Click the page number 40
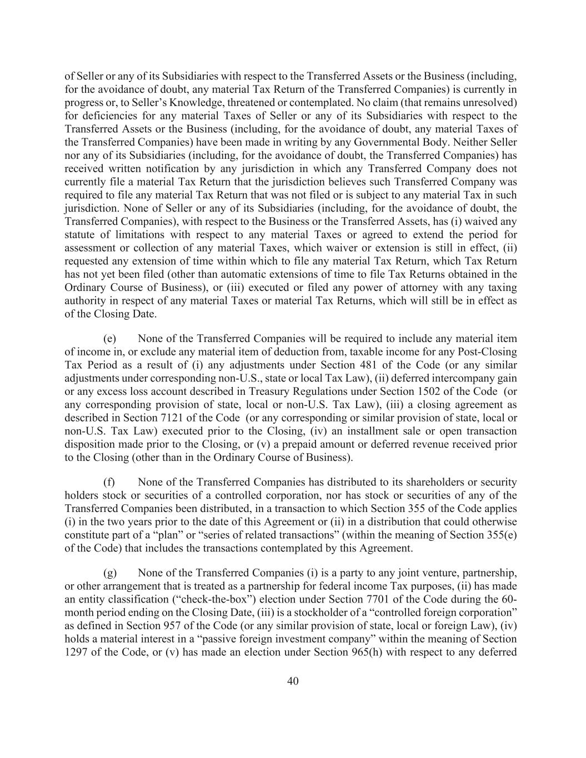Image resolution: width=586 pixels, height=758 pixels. (293, 681)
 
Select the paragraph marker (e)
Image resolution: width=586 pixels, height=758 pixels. (109, 338)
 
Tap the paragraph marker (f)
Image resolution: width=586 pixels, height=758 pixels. (109, 482)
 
